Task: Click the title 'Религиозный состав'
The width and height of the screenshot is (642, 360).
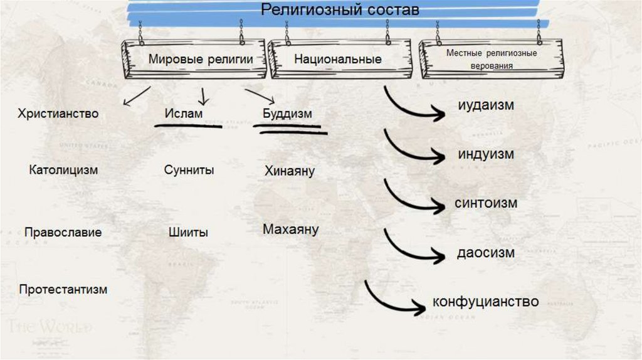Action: (x=339, y=10)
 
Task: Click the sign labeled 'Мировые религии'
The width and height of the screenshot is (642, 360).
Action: (x=200, y=60)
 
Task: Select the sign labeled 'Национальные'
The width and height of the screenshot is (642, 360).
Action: (x=338, y=60)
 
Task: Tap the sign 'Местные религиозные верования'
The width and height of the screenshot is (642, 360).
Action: (x=492, y=59)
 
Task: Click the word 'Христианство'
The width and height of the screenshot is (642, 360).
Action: (x=58, y=114)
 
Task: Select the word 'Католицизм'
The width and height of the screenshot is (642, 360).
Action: (x=63, y=170)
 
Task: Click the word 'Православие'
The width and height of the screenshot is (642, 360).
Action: (x=63, y=232)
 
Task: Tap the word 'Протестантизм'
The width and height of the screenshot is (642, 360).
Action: (x=63, y=289)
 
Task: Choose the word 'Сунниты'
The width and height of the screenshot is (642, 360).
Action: (x=189, y=170)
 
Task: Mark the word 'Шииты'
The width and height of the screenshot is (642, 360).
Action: (x=188, y=232)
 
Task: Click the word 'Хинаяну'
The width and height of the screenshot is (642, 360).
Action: (x=289, y=171)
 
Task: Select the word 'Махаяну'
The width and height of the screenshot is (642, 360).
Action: (x=290, y=230)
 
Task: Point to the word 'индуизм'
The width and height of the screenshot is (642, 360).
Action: (x=485, y=154)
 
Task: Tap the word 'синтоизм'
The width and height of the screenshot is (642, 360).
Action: (x=486, y=203)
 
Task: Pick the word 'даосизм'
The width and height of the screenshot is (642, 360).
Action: (x=485, y=253)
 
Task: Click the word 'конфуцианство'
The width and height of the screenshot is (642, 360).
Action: (x=485, y=302)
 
